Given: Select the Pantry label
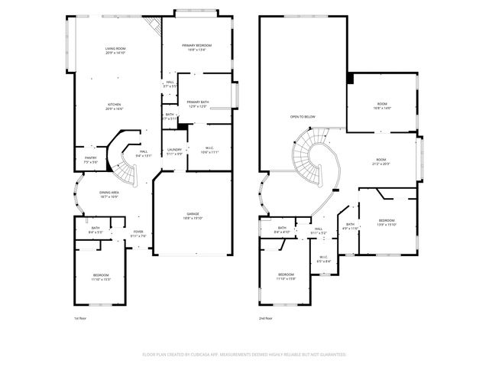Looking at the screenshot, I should (90, 160).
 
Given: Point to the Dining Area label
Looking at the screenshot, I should (109, 194).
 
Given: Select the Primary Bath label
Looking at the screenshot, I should (198, 104).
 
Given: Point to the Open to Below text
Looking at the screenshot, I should (303, 116).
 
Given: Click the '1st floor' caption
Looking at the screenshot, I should (81, 317).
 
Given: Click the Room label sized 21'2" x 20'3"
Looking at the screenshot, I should (381, 161).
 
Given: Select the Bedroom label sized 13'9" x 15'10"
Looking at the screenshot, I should (387, 222).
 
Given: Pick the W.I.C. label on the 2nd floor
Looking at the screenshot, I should (323, 259).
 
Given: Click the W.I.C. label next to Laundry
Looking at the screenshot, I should (209, 150).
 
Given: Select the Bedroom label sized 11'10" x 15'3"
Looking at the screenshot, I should (102, 277).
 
